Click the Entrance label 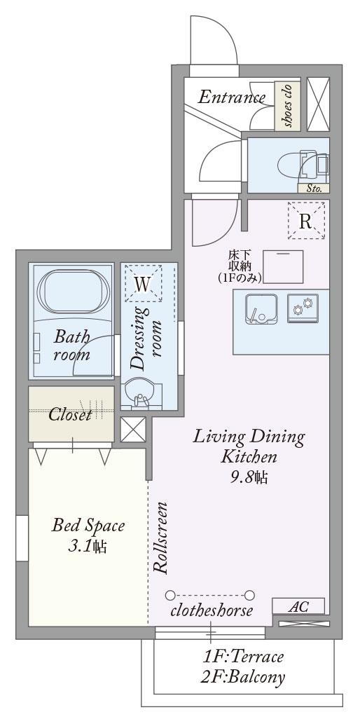point(232,97)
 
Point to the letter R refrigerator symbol point(306,221)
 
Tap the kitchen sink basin point(261,308)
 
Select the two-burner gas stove point(303,308)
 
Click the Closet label point(70,415)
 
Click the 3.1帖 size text point(88,547)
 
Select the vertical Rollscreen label point(160,538)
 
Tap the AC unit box point(298,606)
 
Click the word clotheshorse point(212,610)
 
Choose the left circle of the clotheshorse point(170,595)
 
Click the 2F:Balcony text point(243,677)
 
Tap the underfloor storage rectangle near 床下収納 point(283,267)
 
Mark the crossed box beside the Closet point(133,430)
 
